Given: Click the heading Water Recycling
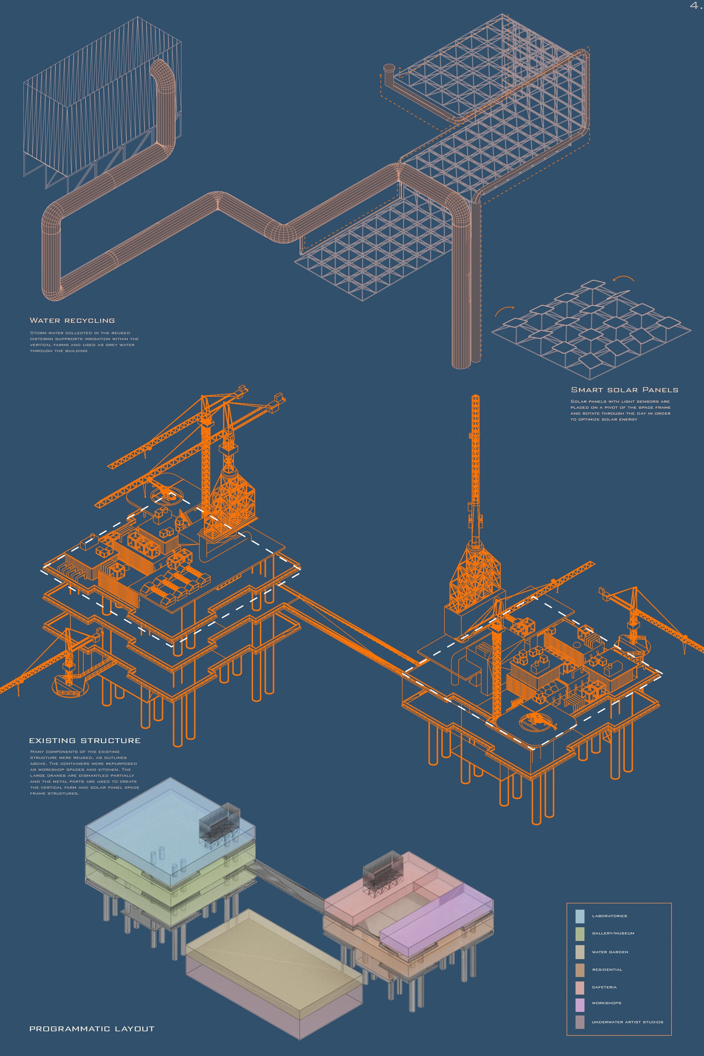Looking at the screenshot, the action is [72, 321].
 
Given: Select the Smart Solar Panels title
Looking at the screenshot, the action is [624, 390].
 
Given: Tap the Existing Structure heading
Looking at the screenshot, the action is [85, 741].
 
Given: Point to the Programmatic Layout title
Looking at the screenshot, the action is [92, 1029].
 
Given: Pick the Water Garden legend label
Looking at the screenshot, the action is [610, 952].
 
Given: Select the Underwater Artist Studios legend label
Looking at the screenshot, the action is [627, 1022].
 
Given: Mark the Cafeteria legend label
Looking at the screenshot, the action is [604, 987].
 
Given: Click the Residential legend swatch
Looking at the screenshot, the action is [580, 970].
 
